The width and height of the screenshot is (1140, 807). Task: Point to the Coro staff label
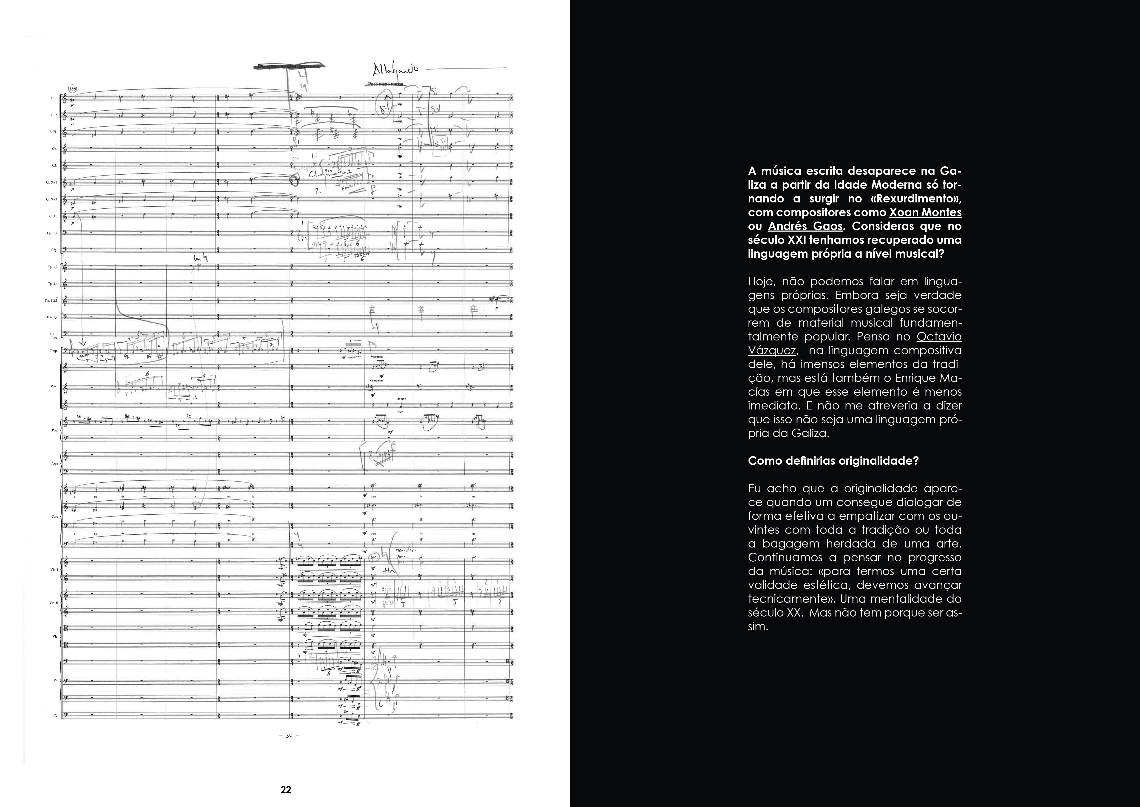click(x=55, y=516)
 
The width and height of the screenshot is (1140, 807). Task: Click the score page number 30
click(x=289, y=735)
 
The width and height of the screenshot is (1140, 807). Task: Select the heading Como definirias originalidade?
click(x=833, y=461)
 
